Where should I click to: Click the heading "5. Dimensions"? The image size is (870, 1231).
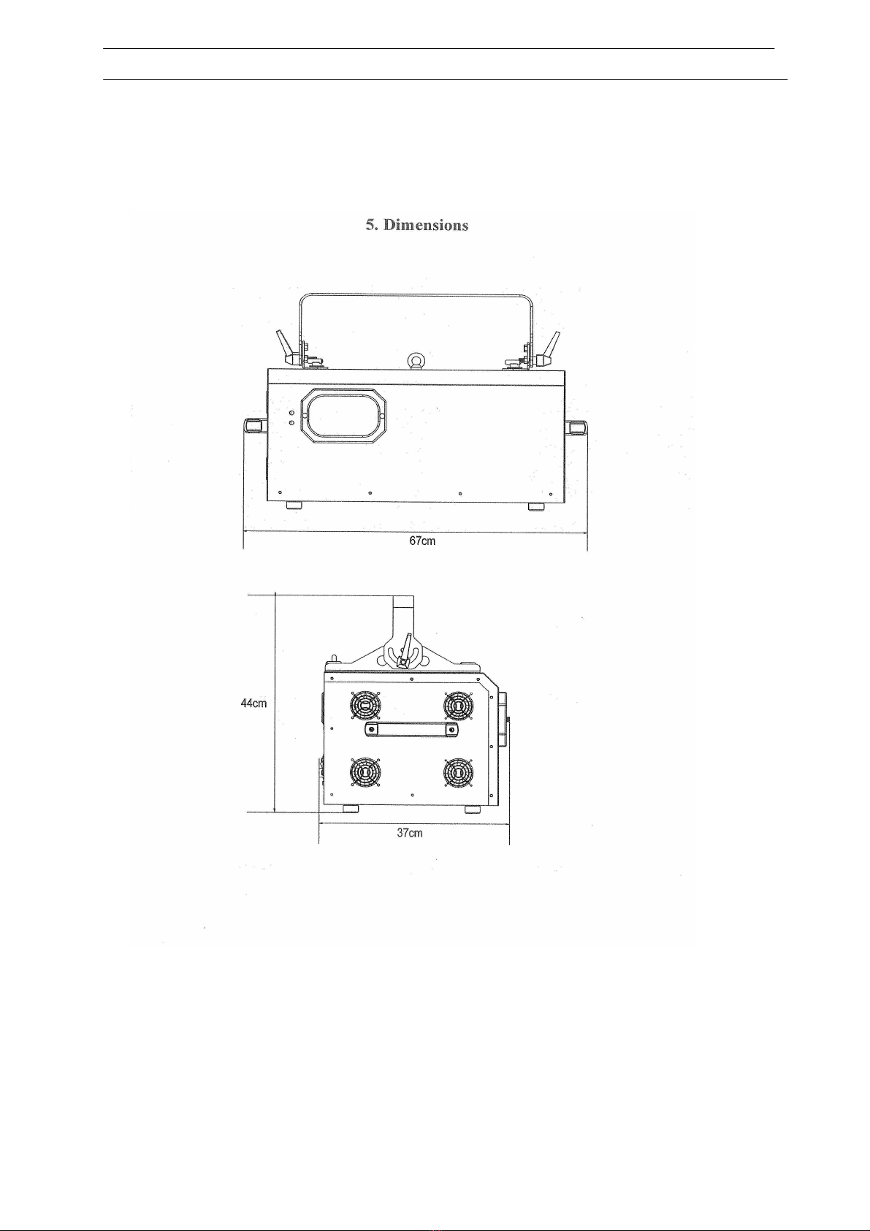point(417,225)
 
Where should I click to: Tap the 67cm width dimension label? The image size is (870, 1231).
point(422,541)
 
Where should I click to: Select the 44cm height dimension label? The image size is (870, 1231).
point(254,703)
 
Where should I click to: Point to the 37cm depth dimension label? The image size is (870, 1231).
point(410,833)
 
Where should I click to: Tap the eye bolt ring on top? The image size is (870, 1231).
point(413,360)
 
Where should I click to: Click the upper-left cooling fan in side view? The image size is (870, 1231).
point(365,704)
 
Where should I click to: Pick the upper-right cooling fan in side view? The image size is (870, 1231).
point(458,704)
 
